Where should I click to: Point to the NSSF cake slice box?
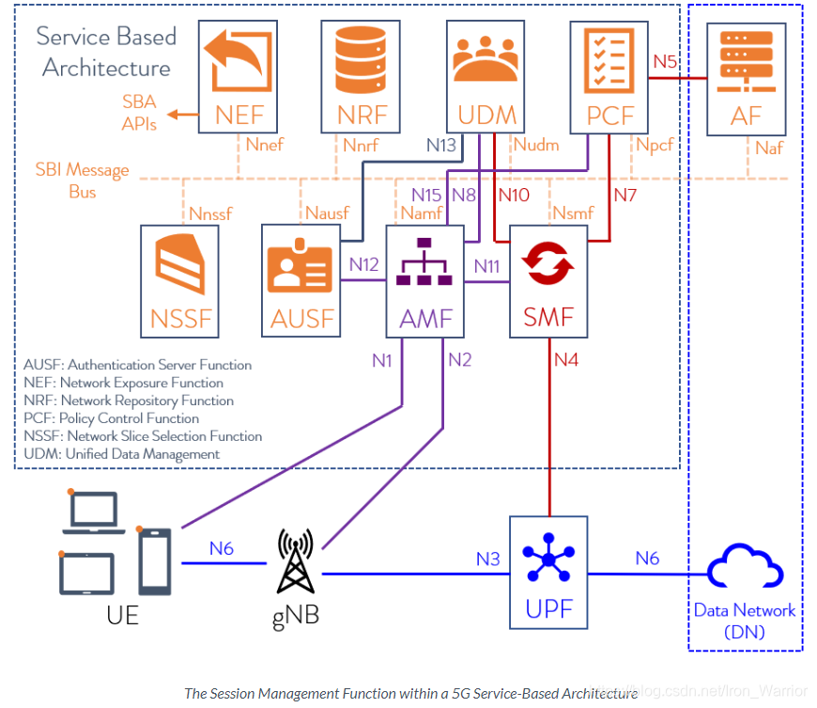181,281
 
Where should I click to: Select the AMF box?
425,281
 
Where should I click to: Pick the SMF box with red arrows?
548,281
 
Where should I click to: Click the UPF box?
548,572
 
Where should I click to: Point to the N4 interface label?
567,358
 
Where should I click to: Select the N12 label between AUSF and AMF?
363,265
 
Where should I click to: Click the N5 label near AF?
665,61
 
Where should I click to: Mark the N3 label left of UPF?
487,559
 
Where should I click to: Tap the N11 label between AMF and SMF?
486,265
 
